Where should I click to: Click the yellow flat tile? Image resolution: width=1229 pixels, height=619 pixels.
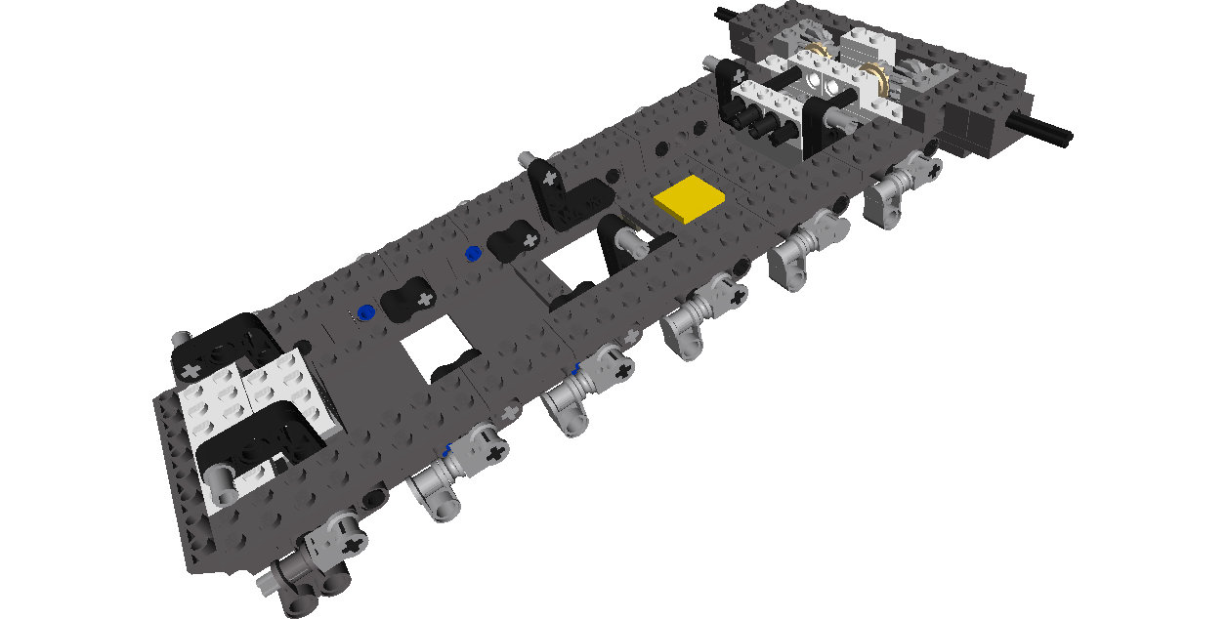click(x=691, y=200)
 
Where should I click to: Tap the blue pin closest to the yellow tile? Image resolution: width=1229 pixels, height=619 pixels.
click(x=474, y=255)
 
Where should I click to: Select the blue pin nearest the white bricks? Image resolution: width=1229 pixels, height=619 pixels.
click(x=365, y=312)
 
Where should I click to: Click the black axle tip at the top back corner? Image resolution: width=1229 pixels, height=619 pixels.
click(x=724, y=14)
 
